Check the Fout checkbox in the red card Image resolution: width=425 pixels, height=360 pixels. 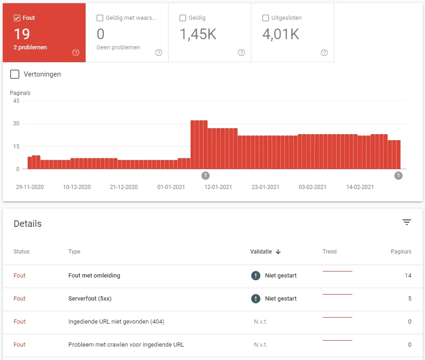pyautogui.click(x=17, y=18)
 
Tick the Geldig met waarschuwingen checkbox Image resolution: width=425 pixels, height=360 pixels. pyautogui.click(x=100, y=18)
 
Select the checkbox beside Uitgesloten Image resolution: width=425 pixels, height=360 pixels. pyautogui.click(x=266, y=18)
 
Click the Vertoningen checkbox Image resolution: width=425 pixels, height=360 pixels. pyautogui.click(x=15, y=74)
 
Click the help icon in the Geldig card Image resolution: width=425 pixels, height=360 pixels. pyautogui.click(x=241, y=53)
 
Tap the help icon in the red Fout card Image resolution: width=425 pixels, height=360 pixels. pyautogui.click(x=76, y=53)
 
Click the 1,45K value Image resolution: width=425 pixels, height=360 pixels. pyautogui.click(x=198, y=35)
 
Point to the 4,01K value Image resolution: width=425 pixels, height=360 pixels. pyautogui.click(x=281, y=35)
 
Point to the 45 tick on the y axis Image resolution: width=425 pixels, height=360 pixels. pyautogui.click(x=16, y=101)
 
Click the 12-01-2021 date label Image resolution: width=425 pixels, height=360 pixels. pyautogui.click(x=218, y=187)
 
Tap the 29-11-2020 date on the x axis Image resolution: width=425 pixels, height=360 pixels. pyautogui.click(x=30, y=187)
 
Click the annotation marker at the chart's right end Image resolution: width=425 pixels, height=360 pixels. pyautogui.click(x=398, y=176)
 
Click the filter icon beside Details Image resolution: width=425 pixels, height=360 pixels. pyautogui.click(x=407, y=222)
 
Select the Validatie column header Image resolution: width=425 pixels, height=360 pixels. pyautogui.click(x=261, y=252)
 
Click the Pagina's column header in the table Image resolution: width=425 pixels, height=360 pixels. pyautogui.click(x=401, y=252)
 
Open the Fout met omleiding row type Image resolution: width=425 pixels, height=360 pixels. pyautogui.click(x=94, y=275)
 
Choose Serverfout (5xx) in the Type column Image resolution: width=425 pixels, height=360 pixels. pyautogui.click(x=90, y=298)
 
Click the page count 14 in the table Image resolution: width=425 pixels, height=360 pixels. pyautogui.click(x=408, y=275)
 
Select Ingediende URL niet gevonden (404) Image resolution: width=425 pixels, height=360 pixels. pyautogui.click(x=116, y=321)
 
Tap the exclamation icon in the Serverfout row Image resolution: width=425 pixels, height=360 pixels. pyautogui.click(x=256, y=298)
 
